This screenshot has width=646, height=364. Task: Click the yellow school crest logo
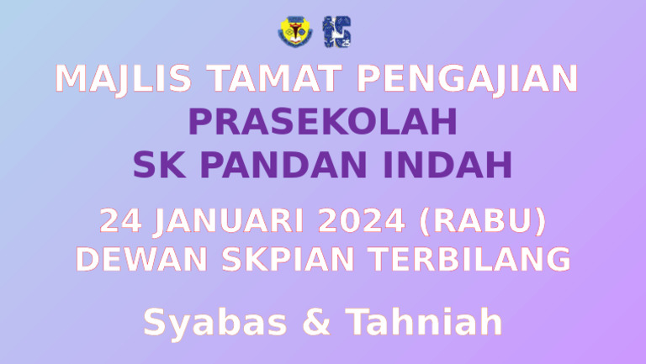[290, 31]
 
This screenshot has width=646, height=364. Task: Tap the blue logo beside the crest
[337, 31]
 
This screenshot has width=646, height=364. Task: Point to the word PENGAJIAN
[468, 79]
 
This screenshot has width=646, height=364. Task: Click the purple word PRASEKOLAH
[323, 123]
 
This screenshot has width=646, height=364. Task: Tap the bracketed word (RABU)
[481, 222]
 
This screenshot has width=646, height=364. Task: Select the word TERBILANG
[471, 259]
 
